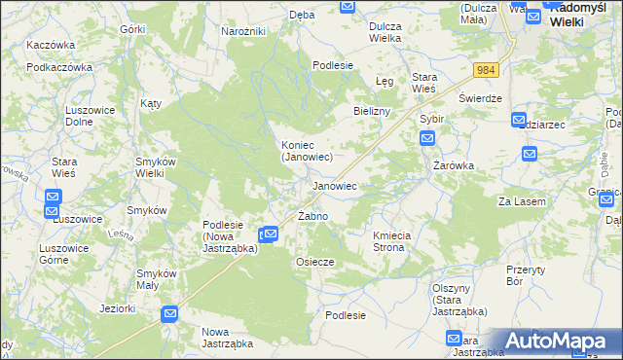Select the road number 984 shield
pyautogui.click(x=487, y=70)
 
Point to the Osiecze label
pyautogui.click(x=315, y=262)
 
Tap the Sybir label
pyautogui.click(x=431, y=119)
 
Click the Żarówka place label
pyautogui.click(x=454, y=165)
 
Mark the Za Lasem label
pyautogui.click(x=522, y=200)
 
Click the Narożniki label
pyautogui.click(x=243, y=32)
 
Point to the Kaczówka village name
pyautogui.click(x=52, y=46)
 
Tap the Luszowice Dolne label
pyautogui.click(x=91, y=116)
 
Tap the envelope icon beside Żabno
pyautogui.click(x=271, y=234)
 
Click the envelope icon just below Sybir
pyautogui.click(x=427, y=139)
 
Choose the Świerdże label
pyautogui.click(x=480, y=99)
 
